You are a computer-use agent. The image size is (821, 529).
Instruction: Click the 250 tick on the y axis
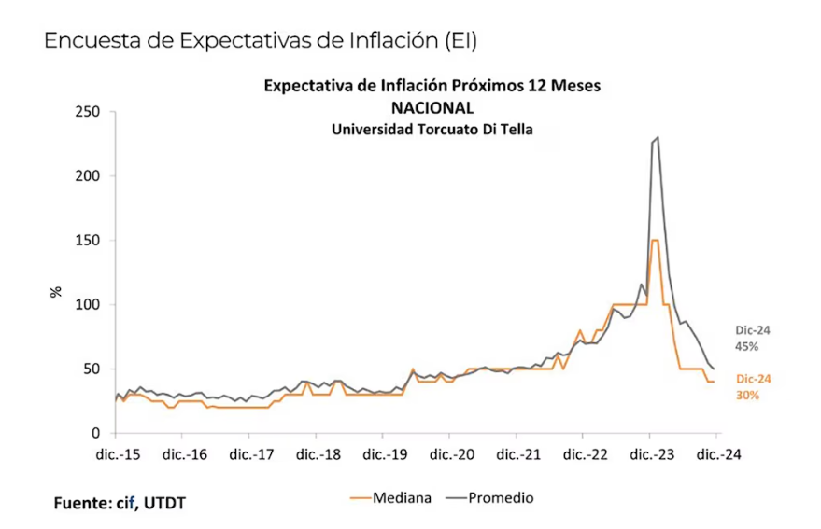88,112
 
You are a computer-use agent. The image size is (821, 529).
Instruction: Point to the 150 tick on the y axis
88,240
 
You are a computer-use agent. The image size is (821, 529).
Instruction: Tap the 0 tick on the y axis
95,434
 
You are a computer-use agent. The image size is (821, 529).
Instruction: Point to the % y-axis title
56,292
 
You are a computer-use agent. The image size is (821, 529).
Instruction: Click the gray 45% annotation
746,347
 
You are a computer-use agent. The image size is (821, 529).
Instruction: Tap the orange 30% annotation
747,396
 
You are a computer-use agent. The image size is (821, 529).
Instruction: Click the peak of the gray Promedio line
658,137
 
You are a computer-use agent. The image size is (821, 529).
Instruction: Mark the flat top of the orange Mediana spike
655,240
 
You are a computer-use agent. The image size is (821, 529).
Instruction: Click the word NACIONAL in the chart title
432,107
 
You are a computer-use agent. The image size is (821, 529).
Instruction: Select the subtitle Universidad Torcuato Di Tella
432,130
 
